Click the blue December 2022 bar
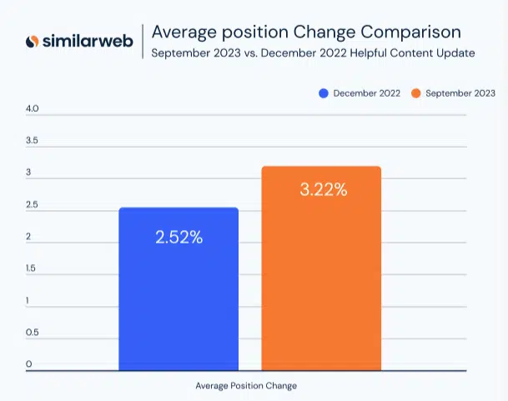(179, 288)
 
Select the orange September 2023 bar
(321, 268)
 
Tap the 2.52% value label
(179, 237)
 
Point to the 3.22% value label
(322, 189)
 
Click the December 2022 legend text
(368, 93)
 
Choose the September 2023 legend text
(460, 93)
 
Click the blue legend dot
(324, 93)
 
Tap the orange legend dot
(416, 93)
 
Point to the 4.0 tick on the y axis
(32, 109)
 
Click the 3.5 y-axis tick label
(32, 141)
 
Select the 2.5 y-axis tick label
(32, 205)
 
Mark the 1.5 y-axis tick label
(32, 268)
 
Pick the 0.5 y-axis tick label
(32, 333)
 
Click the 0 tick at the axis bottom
(28, 364)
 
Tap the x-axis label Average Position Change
(246, 386)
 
